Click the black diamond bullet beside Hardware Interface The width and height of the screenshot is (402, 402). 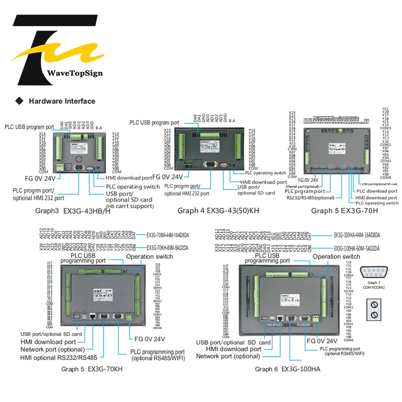pos(20,101)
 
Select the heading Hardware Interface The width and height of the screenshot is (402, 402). pos(62,101)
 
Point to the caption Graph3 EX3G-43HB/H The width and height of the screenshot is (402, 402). pos(73,211)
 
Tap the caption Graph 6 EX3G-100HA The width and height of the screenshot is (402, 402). pos(288,369)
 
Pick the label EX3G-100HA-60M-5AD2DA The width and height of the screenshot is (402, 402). pos(357,248)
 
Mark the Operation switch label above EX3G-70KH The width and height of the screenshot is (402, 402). pos(149,256)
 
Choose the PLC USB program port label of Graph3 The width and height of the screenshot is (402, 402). pos(29,127)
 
